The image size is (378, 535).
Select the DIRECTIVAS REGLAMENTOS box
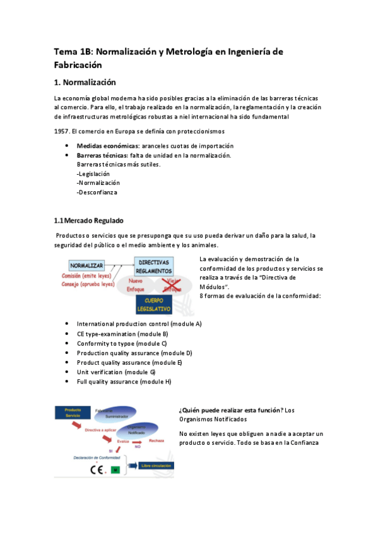[x=153, y=266]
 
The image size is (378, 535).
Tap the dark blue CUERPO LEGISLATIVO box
[x=153, y=305]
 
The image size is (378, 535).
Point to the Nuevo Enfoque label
[x=136, y=285]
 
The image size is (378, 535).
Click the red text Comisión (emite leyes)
[x=88, y=276]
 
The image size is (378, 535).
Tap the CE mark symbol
[x=97, y=469]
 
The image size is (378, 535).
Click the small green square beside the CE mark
[x=114, y=469]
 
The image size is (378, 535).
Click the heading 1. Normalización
[x=85, y=82]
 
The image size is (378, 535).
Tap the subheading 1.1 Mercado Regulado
[x=88, y=220]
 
